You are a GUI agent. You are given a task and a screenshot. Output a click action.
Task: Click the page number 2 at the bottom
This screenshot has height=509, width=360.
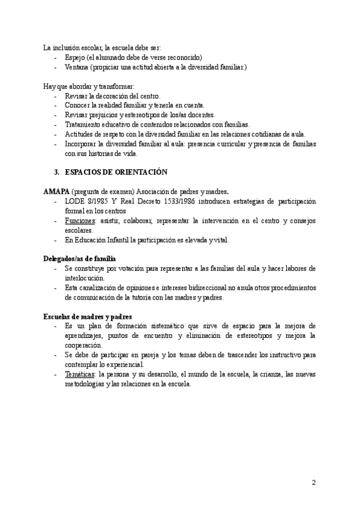pos(313,482)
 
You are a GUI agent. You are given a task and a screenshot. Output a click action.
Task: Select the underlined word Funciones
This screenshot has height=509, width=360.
pos(80,221)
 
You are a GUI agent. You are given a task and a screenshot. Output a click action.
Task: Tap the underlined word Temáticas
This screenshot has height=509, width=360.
pos(80,374)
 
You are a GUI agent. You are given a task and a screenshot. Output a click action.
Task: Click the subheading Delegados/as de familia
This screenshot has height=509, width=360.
pos(79,258)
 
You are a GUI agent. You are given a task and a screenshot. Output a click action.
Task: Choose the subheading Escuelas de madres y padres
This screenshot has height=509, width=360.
pos(88,316)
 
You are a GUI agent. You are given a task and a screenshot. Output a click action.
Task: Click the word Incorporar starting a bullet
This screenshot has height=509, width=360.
pos(83,144)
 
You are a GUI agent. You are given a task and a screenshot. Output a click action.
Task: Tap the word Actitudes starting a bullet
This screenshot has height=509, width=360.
pos(80,134)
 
